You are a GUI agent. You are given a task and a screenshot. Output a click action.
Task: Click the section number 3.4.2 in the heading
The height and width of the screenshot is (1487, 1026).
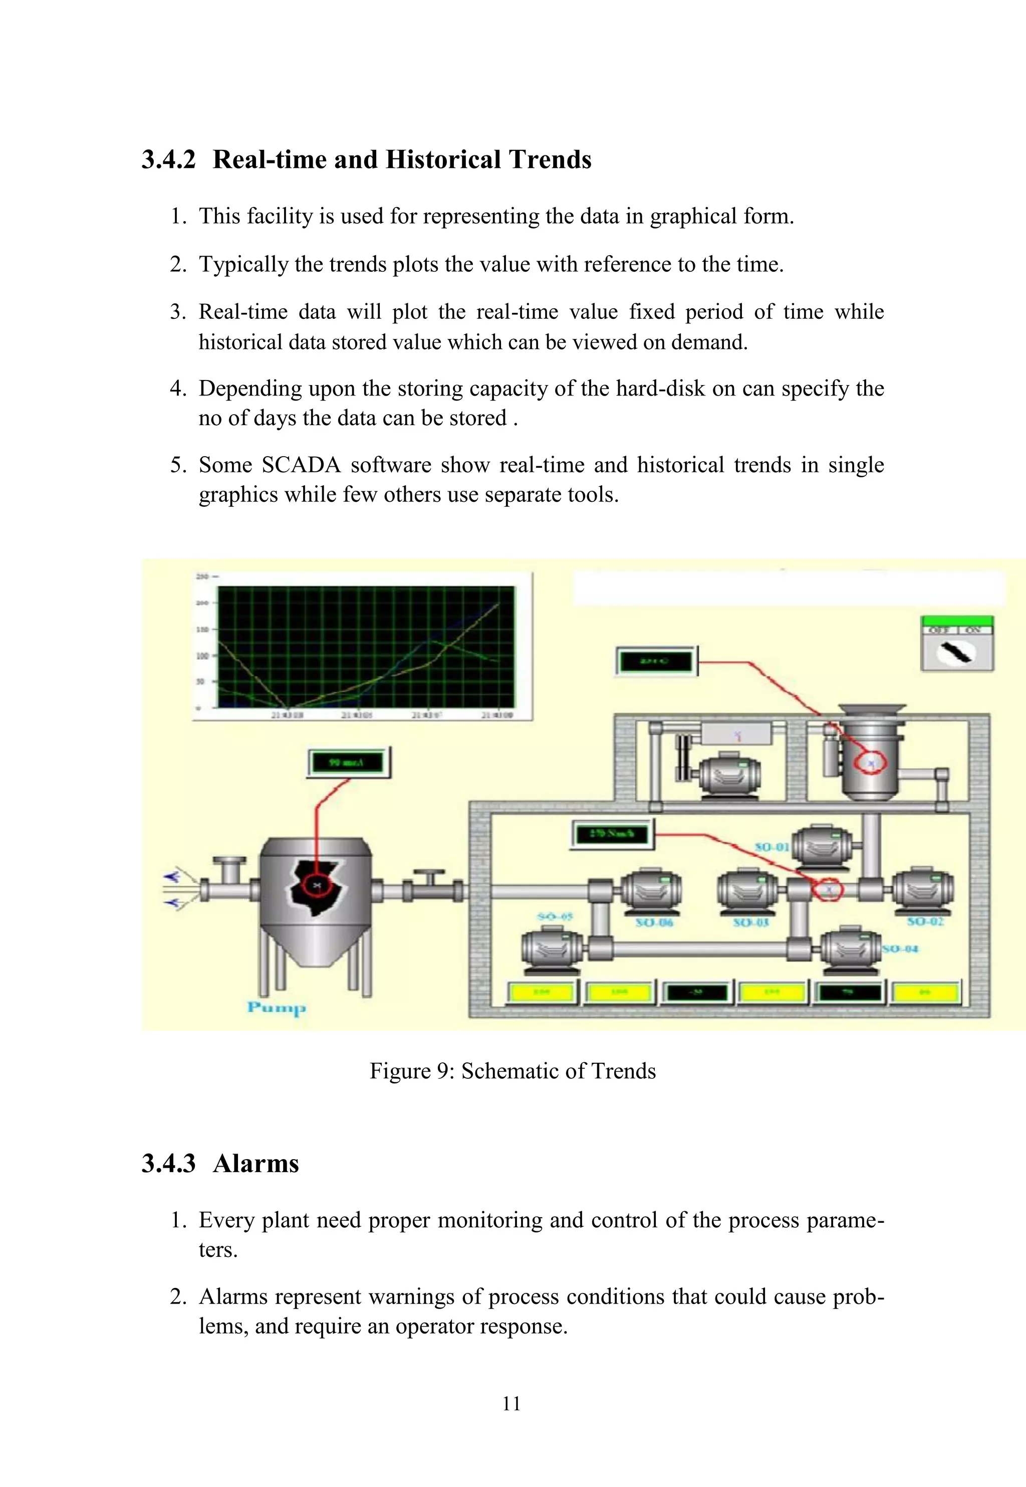pyautogui.click(x=168, y=159)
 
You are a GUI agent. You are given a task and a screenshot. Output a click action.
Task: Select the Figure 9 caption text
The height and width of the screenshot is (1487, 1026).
pyautogui.click(x=512, y=1071)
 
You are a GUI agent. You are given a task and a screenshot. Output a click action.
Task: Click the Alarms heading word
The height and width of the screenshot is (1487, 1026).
pyautogui.click(x=256, y=1164)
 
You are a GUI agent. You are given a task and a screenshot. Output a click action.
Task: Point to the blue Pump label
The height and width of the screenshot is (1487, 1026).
pyautogui.click(x=277, y=1007)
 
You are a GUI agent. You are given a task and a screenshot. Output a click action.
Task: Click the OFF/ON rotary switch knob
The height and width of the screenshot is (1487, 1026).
pyautogui.click(x=956, y=653)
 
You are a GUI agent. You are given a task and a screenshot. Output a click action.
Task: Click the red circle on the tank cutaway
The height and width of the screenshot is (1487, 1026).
pyautogui.click(x=316, y=886)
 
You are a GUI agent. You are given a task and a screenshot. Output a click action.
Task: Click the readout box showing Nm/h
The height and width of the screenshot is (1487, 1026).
pyautogui.click(x=613, y=834)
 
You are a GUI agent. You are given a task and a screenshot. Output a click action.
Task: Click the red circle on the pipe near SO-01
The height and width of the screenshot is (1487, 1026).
pyautogui.click(x=829, y=890)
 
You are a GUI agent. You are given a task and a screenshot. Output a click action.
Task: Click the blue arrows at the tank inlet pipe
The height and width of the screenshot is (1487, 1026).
pyautogui.click(x=172, y=889)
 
